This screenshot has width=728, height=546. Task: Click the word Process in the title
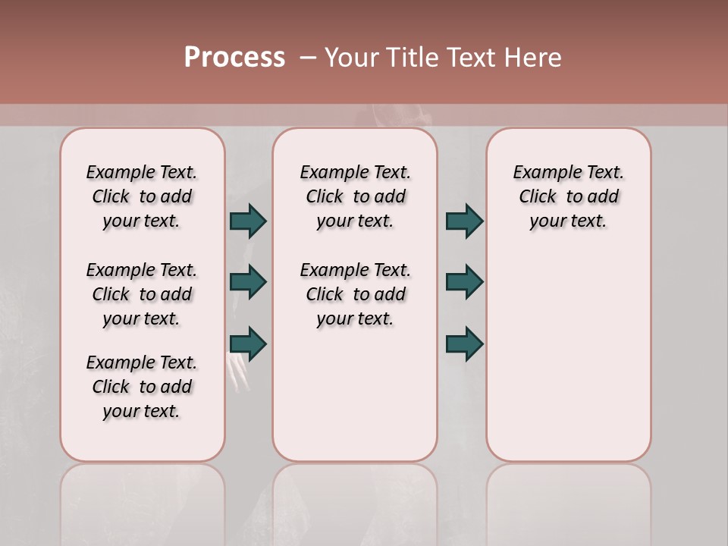(234, 58)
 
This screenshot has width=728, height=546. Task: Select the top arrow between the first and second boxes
(248, 221)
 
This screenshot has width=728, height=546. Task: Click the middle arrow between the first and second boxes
(248, 282)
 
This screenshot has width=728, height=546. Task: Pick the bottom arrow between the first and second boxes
(248, 344)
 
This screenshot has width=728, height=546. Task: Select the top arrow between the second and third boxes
(464, 221)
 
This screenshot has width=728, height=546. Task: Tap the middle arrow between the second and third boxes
(464, 282)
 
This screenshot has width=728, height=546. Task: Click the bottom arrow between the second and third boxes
(464, 344)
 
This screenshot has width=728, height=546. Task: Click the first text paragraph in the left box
(142, 196)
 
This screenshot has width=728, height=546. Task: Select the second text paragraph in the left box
(142, 294)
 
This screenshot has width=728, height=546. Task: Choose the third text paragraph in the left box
(142, 387)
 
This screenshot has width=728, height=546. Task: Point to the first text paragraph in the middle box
(355, 196)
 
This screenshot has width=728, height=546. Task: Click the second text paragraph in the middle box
(355, 294)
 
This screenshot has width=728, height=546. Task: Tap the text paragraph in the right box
(568, 196)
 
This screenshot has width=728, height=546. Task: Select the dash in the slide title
(307, 58)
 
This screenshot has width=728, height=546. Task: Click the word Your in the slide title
(351, 58)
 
